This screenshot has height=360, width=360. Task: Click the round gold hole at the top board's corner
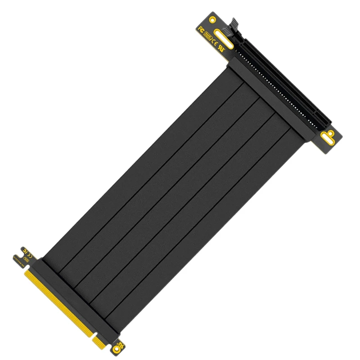(x=213, y=19)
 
